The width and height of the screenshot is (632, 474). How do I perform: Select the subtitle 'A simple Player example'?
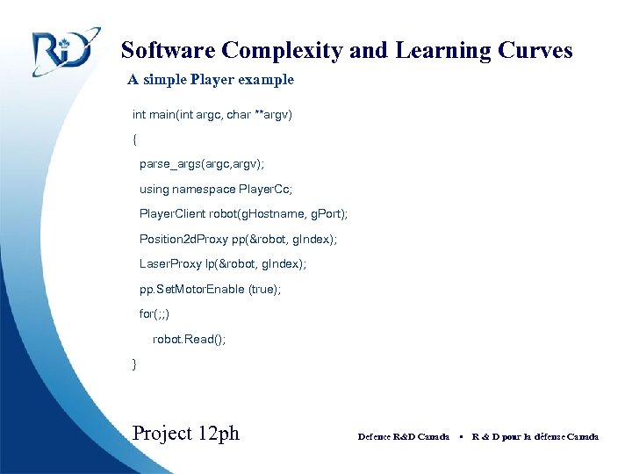coord(211,80)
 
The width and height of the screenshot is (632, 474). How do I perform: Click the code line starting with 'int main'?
coord(212,115)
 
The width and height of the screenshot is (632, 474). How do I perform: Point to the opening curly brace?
coord(134,140)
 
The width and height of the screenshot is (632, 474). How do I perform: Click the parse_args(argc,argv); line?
coord(202,164)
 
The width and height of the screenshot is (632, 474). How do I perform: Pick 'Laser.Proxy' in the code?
coord(171,263)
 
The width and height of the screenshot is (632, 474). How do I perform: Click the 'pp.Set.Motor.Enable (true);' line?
coord(210,289)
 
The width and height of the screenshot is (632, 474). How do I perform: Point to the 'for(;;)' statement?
coord(154,313)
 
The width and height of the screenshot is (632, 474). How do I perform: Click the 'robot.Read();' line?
coord(189,339)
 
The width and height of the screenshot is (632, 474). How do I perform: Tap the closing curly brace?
coord(134,363)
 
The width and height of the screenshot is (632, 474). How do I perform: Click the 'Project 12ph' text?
coord(185,434)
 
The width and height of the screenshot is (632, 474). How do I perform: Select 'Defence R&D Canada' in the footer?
coord(404,436)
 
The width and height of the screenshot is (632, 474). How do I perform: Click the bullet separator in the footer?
coord(461,436)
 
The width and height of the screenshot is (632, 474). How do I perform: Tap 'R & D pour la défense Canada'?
coord(535,436)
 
